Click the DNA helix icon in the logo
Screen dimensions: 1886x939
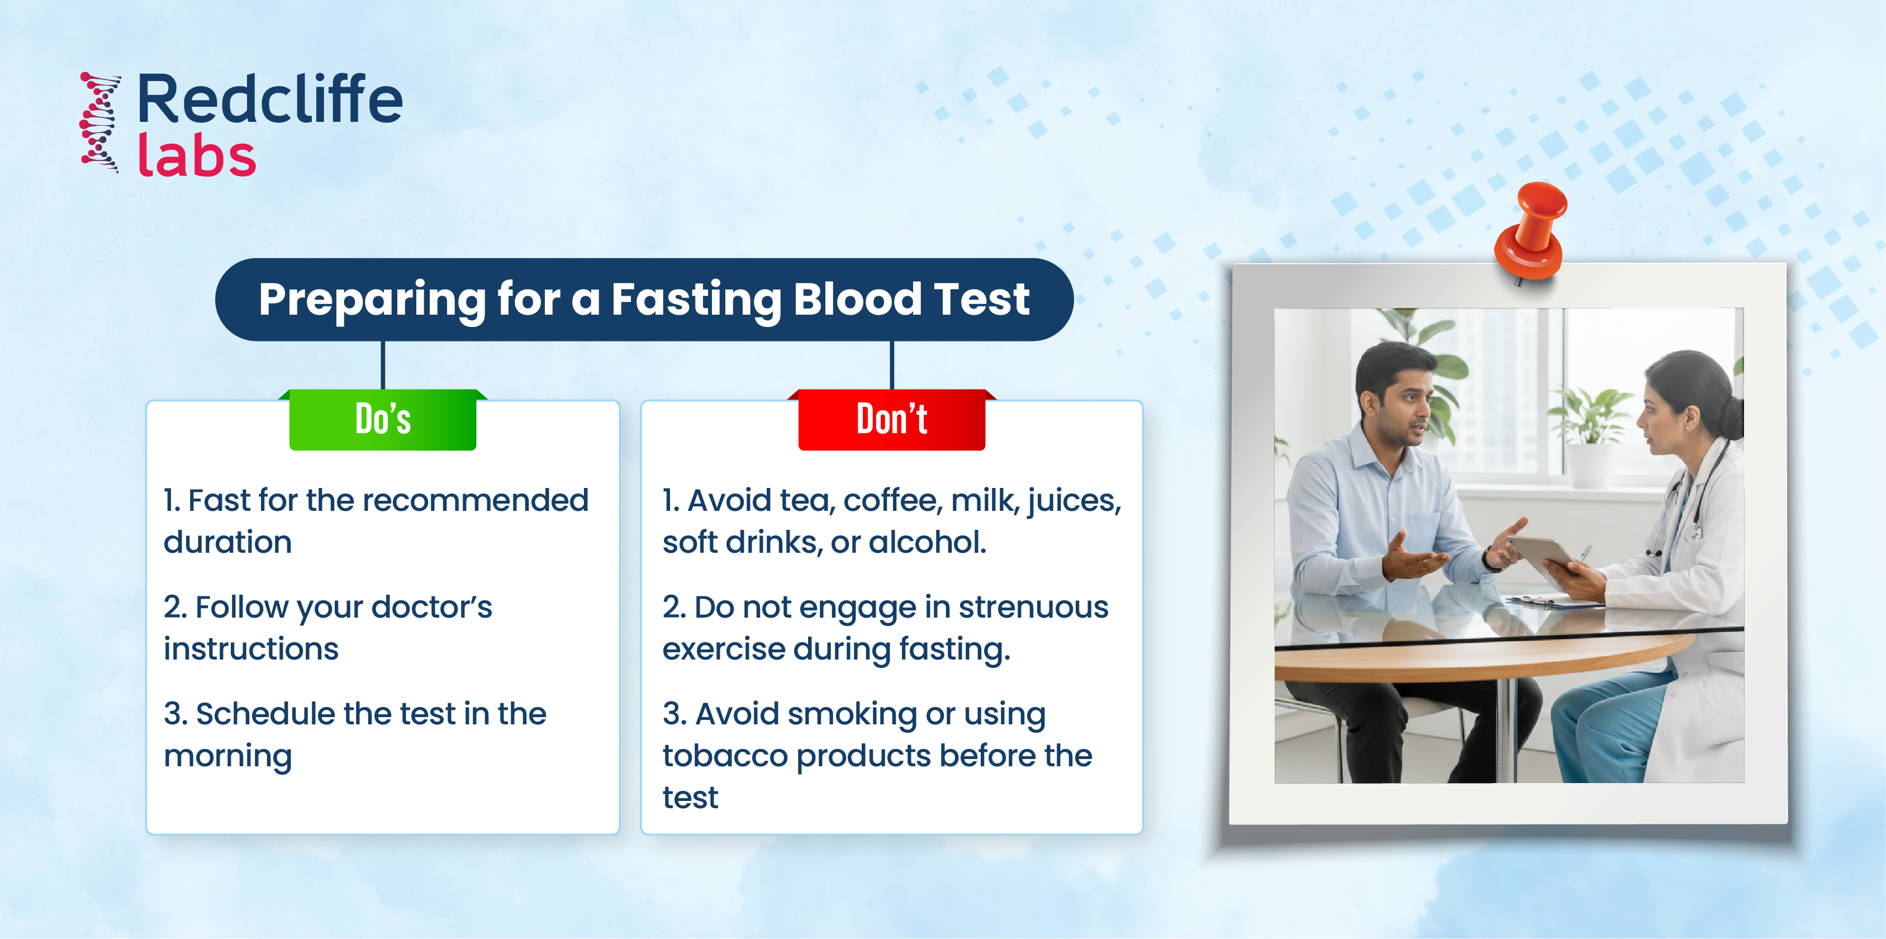click(100, 122)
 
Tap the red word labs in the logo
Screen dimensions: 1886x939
click(197, 155)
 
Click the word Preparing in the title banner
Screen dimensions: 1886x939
click(372, 300)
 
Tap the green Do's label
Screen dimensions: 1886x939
click(383, 419)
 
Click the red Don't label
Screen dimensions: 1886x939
click(892, 419)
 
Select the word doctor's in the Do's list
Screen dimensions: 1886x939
click(431, 607)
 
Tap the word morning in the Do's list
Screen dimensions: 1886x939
click(227, 757)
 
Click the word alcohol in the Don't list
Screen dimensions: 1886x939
click(928, 543)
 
